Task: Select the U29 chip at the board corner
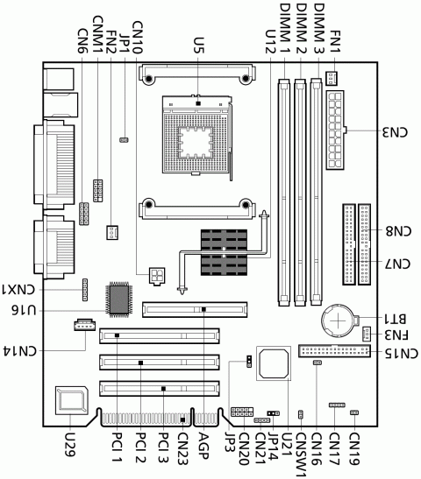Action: click(71, 401)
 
